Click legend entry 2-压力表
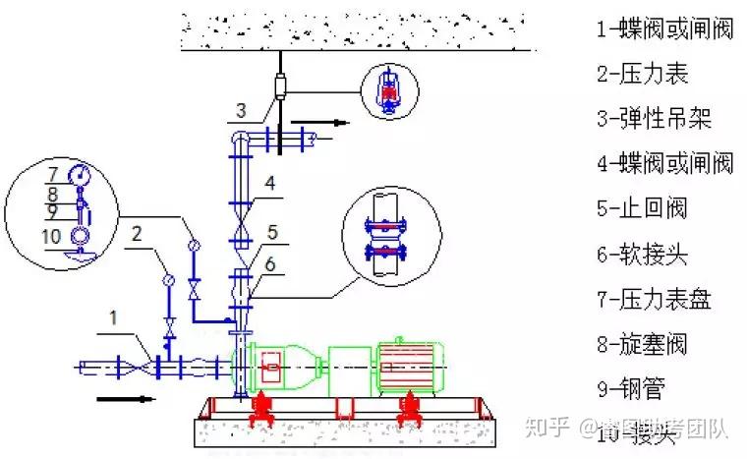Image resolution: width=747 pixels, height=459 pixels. [642, 74]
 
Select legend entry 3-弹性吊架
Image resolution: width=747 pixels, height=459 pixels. [653, 119]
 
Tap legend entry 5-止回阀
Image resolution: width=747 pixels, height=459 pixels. [641, 208]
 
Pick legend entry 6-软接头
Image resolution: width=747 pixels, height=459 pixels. [641, 255]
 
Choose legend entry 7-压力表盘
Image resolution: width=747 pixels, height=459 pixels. [653, 300]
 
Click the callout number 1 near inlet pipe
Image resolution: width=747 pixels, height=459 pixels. [114, 316]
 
